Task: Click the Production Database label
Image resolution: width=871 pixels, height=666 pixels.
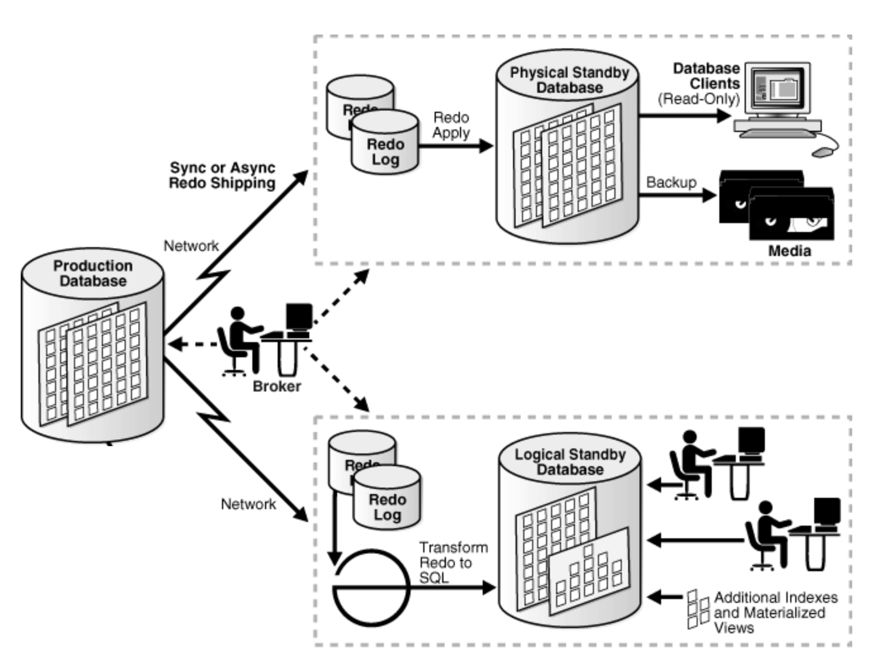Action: [93, 273]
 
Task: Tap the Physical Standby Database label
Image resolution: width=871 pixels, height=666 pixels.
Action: [569, 80]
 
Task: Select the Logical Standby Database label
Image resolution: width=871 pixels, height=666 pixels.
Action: [570, 462]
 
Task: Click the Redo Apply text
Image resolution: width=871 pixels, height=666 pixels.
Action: [451, 125]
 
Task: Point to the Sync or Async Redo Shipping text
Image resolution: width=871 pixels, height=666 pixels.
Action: [222, 175]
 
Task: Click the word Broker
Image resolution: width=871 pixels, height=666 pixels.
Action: [277, 386]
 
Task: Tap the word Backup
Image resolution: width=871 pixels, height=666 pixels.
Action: [671, 182]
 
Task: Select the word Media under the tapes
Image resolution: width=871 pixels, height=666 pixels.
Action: [790, 251]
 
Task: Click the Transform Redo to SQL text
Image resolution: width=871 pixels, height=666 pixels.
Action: [453, 562]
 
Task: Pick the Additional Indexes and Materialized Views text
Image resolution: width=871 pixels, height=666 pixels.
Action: [776, 612]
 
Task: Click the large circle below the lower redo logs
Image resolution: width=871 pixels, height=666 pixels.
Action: [371, 587]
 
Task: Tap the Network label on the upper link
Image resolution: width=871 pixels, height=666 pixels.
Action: [191, 246]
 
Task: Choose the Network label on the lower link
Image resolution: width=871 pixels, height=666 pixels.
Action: [248, 504]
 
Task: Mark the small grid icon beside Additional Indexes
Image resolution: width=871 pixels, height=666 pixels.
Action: [697, 609]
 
